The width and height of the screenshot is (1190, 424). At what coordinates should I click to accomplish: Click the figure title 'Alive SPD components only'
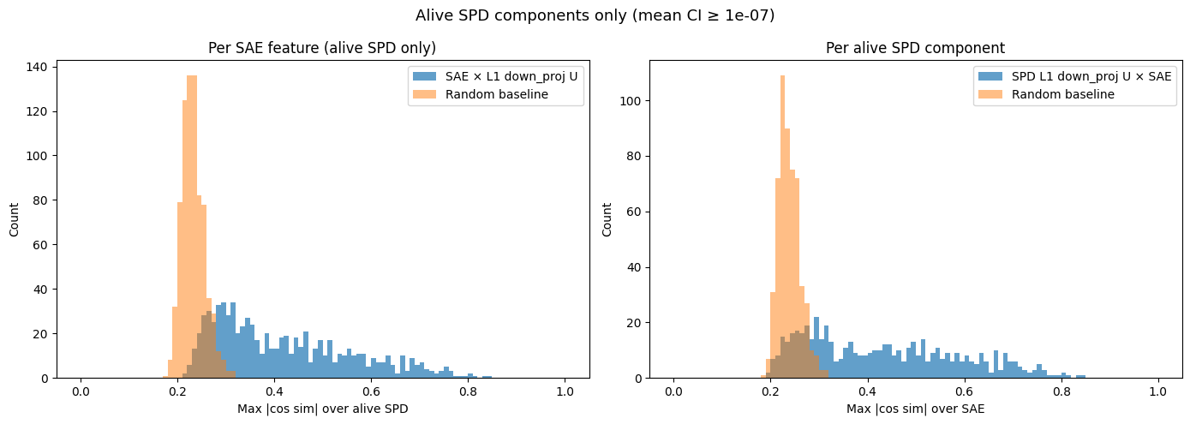595,15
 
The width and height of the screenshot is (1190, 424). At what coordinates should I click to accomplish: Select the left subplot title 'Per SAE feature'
322,48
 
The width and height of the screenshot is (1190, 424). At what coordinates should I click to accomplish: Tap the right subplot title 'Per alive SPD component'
915,48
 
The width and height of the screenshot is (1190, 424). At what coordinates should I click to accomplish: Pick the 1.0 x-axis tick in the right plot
1157,391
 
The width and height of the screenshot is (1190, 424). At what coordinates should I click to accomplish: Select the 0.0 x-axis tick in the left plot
81,391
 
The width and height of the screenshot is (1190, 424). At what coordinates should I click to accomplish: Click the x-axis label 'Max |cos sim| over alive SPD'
322,409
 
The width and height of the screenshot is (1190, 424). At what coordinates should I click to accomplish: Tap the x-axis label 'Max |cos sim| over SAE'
915,409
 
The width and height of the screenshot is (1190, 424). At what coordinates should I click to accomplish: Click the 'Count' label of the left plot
14,219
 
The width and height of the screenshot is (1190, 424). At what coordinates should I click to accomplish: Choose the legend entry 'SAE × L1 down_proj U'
511,76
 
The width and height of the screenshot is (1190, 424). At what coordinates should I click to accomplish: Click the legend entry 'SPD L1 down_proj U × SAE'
1091,76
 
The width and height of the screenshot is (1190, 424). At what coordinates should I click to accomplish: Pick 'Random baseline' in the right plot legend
1062,94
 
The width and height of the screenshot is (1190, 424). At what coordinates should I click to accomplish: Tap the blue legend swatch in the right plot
991,76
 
